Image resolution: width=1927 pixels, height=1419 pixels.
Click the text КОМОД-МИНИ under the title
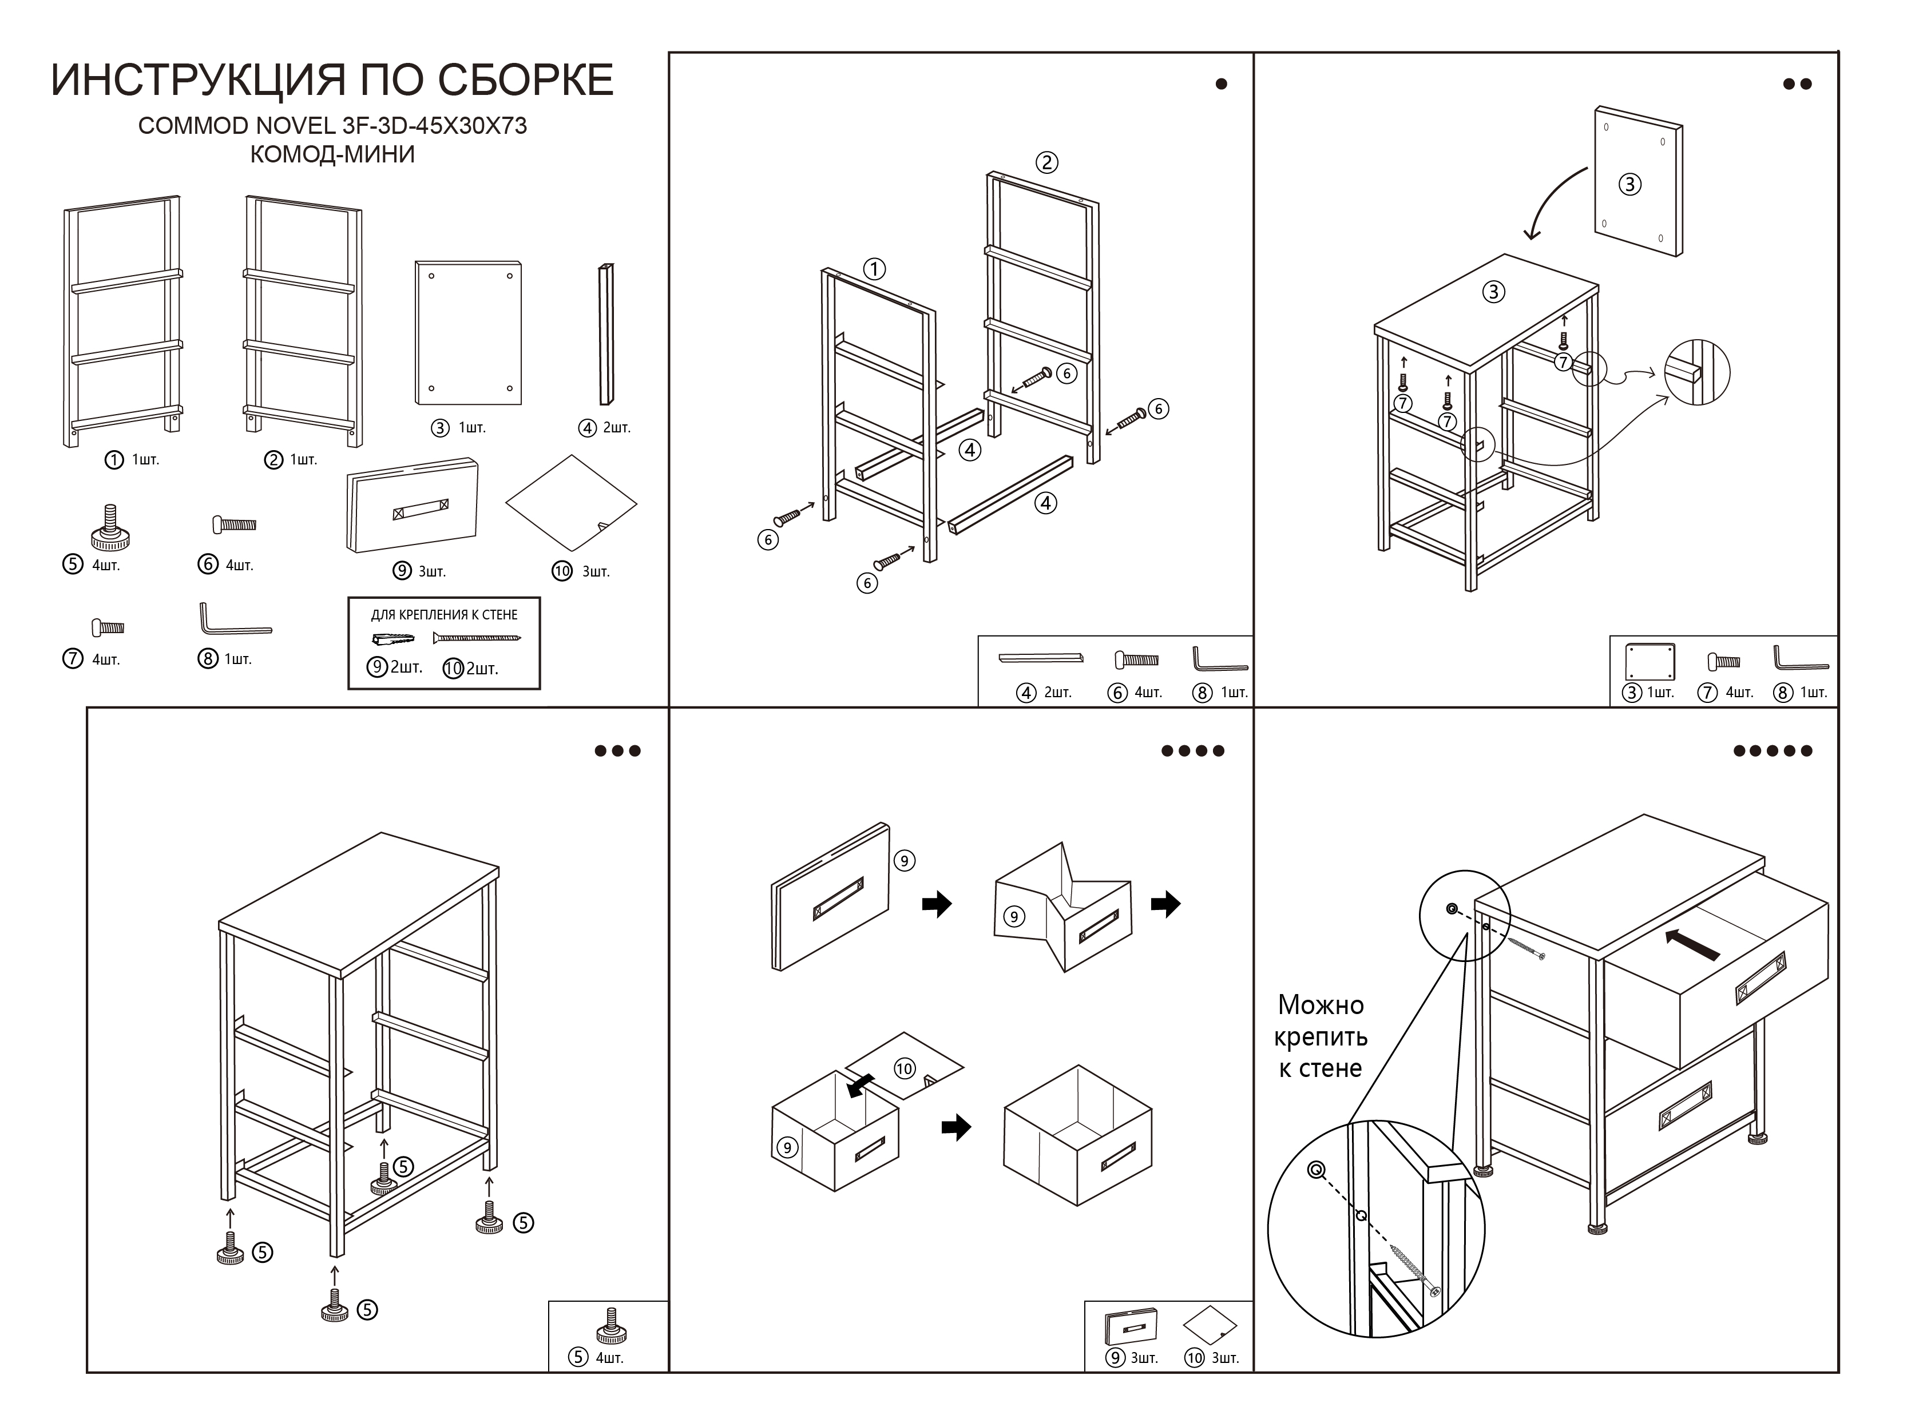tap(332, 154)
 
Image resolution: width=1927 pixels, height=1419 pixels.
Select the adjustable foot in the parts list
tap(110, 528)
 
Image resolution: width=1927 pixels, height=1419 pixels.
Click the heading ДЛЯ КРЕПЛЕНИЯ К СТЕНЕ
tap(443, 615)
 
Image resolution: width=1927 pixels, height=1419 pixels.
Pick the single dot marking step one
tap(1221, 84)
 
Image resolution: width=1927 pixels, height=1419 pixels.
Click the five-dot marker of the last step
tap(1773, 751)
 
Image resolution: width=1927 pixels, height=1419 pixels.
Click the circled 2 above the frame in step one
tap(1045, 162)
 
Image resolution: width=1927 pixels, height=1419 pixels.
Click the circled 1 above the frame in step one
tap(874, 269)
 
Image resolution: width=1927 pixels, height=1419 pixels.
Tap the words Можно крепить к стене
tap(1321, 1037)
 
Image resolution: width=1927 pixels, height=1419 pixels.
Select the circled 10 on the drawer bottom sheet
tap(904, 1068)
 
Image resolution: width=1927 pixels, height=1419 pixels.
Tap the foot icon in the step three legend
tap(611, 1327)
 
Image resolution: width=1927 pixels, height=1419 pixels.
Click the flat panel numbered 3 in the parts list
tap(468, 332)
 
